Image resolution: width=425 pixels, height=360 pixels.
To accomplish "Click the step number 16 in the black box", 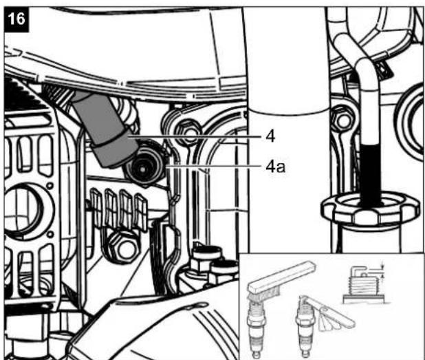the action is [x=17, y=19].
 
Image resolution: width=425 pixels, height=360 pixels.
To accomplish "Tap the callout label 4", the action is [x=270, y=136].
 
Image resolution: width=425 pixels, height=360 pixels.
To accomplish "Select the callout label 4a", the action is [x=275, y=167].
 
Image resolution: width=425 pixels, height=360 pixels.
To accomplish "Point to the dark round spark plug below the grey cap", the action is [x=144, y=168].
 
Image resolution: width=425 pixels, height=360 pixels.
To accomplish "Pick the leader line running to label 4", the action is [x=195, y=137].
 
